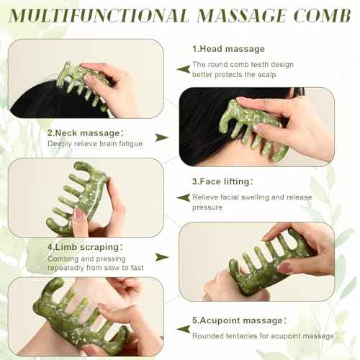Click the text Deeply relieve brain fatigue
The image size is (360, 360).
[x=94, y=144]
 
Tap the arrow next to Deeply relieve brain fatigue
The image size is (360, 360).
[x=162, y=138]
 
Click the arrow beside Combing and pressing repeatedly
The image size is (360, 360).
[x=162, y=256]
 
